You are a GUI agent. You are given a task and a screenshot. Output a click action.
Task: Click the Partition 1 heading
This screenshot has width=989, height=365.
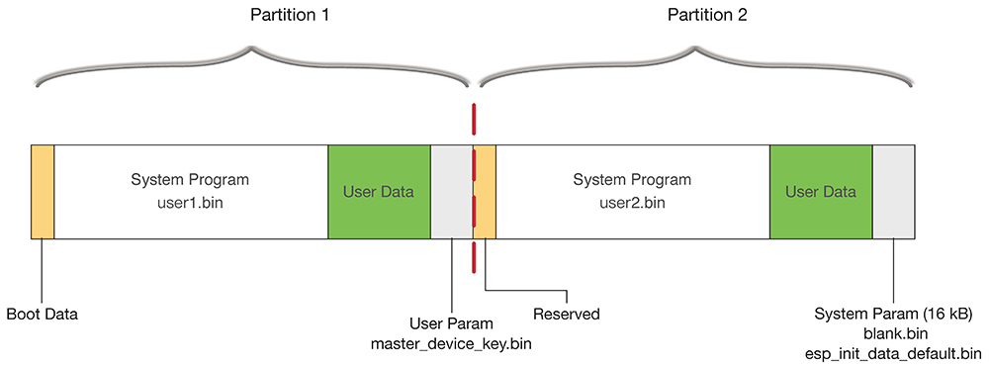coord(253,17)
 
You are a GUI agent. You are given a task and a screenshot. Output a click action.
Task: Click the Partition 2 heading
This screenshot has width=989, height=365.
coord(694,17)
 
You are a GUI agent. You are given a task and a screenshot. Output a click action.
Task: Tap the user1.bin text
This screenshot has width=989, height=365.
coord(190,202)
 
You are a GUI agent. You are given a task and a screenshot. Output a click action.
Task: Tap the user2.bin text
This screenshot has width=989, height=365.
coord(632,202)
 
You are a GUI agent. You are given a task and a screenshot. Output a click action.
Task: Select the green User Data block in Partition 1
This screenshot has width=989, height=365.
coord(379,192)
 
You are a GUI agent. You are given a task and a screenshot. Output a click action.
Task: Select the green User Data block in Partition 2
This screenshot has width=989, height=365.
coord(821,192)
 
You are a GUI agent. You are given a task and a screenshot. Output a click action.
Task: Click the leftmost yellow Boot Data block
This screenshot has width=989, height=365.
coord(43,192)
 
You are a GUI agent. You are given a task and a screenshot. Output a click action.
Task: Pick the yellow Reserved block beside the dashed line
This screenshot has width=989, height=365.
coord(486,192)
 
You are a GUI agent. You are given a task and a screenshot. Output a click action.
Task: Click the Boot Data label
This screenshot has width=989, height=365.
coord(42,315)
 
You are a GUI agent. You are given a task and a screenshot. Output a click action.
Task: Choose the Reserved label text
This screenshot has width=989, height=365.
coord(566,315)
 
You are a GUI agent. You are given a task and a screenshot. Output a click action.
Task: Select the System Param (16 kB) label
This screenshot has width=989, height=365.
coord(893,315)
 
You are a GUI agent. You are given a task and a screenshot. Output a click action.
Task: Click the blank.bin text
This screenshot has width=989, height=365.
coord(893,333)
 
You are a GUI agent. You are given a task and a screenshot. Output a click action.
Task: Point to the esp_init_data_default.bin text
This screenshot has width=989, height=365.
coord(893,353)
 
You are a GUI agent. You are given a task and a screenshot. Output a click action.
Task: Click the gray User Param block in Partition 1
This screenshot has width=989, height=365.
coord(451,192)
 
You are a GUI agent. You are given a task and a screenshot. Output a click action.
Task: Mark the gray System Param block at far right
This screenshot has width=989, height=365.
coord(894,192)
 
